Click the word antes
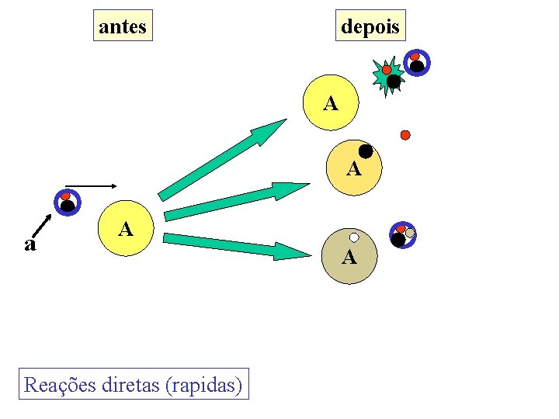point(123,26)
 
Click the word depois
point(370,27)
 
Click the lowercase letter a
point(30,244)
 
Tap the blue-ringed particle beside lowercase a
point(67,203)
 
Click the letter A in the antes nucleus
point(125,229)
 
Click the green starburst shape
point(387,76)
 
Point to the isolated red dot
point(405,135)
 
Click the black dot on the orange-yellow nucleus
point(366,152)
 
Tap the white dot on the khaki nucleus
point(354,237)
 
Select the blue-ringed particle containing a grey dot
point(402,235)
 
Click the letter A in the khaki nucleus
point(349,258)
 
